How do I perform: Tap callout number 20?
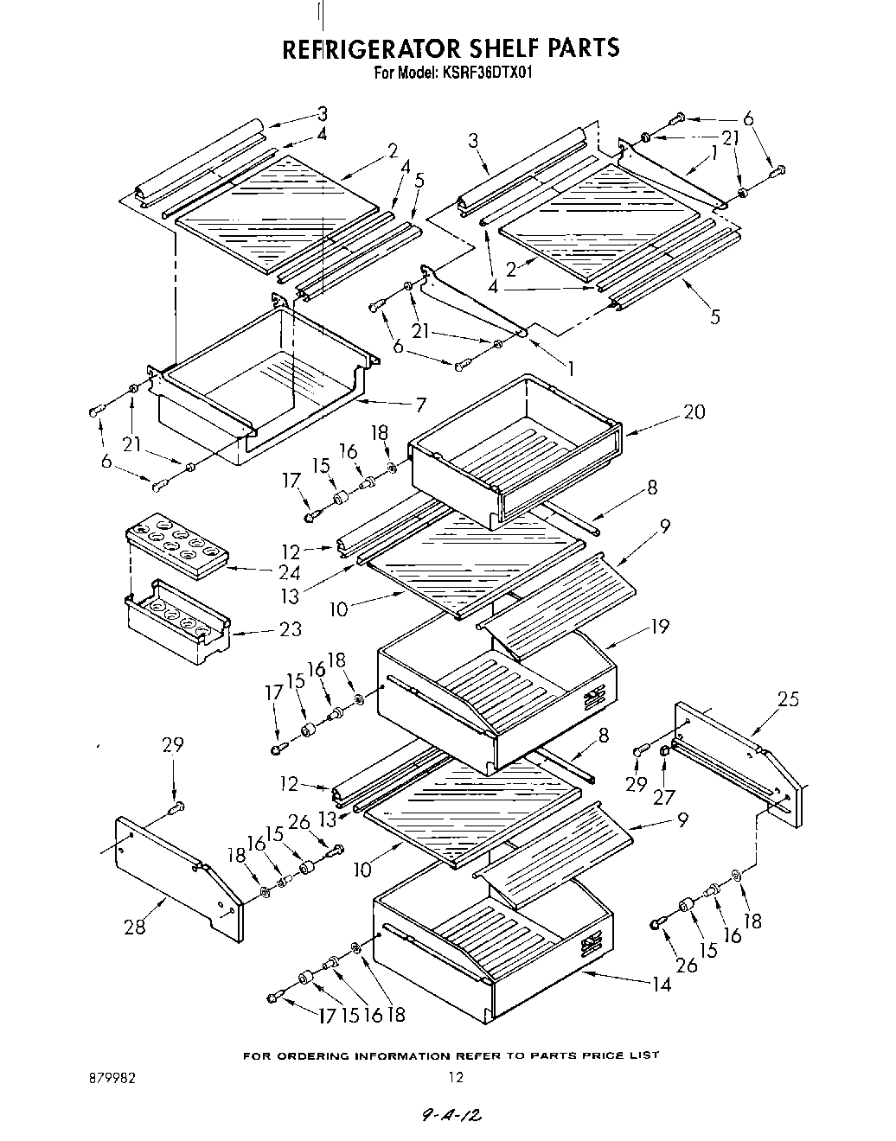click(694, 411)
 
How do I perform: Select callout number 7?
click(420, 403)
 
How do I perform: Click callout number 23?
click(291, 629)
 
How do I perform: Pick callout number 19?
click(660, 626)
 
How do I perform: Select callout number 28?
click(134, 927)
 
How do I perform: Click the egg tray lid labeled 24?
click(177, 547)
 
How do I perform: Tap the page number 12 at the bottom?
click(456, 1078)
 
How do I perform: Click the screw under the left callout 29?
click(176, 808)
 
